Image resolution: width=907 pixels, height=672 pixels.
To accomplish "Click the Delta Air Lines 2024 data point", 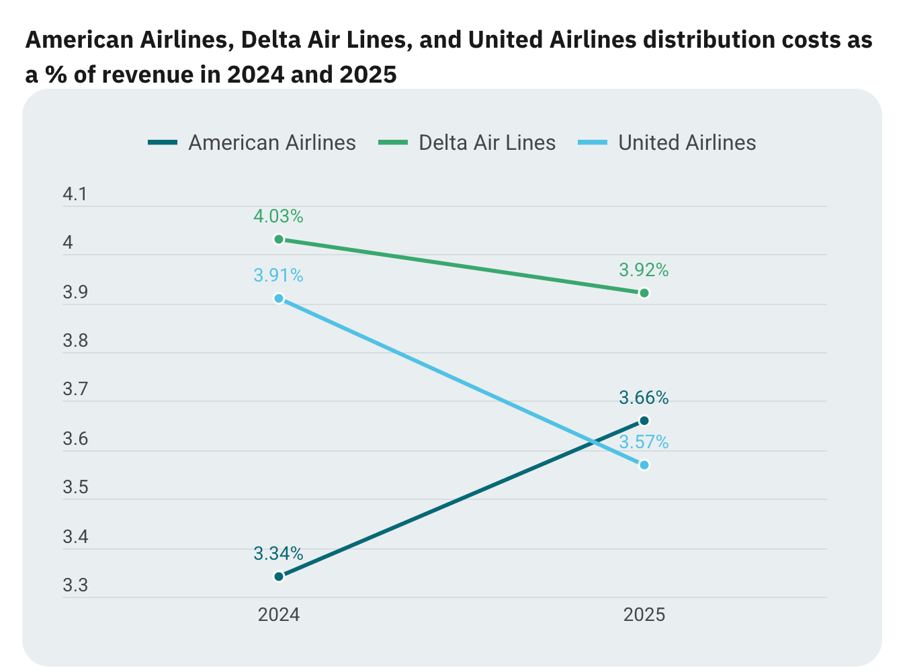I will click(x=279, y=239).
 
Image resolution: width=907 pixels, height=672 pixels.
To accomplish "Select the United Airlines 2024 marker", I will click(x=279, y=298).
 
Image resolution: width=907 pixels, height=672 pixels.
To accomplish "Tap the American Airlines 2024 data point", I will click(x=279, y=576).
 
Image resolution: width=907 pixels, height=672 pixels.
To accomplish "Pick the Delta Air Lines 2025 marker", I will click(x=644, y=293).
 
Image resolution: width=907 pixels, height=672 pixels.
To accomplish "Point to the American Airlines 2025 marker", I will click(x=644, y=421).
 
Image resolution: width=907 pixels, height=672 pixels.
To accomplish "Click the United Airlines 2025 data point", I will click(x=644, y=465).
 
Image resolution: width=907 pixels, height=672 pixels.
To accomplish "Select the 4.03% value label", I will click(x=278, y=216).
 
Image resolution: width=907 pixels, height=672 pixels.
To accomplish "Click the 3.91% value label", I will click(x=278, y=276).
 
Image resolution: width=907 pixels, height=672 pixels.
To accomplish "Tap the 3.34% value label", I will click(x=278, y=554).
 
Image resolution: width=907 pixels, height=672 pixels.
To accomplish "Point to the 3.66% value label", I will click(x=644, y=398).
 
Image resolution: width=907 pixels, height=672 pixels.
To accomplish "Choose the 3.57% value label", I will click(x=644, y=442).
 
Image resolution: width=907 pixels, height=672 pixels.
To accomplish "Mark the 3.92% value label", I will click(x=644, y=270).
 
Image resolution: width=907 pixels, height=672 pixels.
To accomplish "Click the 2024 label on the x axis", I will click(x=279, y=615).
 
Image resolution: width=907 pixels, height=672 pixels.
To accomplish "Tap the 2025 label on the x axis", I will click(x=644, y=615).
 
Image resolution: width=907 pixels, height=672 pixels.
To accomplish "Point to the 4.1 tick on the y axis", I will click(x=75, y=195).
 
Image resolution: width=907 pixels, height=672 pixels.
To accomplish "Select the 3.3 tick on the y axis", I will click(x=75, y=586).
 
